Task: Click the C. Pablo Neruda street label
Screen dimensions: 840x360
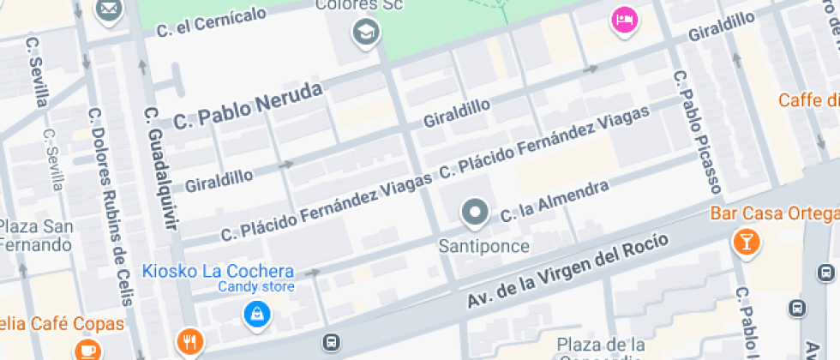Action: click(x=248, y=106)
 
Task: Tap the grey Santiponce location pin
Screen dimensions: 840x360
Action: click(x=474, y=213)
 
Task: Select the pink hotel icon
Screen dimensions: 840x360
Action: click(x=623, y=20)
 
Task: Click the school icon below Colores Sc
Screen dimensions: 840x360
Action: click(x=367, y=34)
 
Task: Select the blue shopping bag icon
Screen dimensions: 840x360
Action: click(x=255, y=315)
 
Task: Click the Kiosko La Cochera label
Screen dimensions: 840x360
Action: click(x=218, y=271)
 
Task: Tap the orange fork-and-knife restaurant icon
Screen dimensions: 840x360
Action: click(x=189, y=342)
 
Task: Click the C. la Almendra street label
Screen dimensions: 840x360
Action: click(x=554, y=201)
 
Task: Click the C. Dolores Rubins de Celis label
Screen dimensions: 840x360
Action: click(x=110, y=206)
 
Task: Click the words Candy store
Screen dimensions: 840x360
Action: click(x=255, y=287)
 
